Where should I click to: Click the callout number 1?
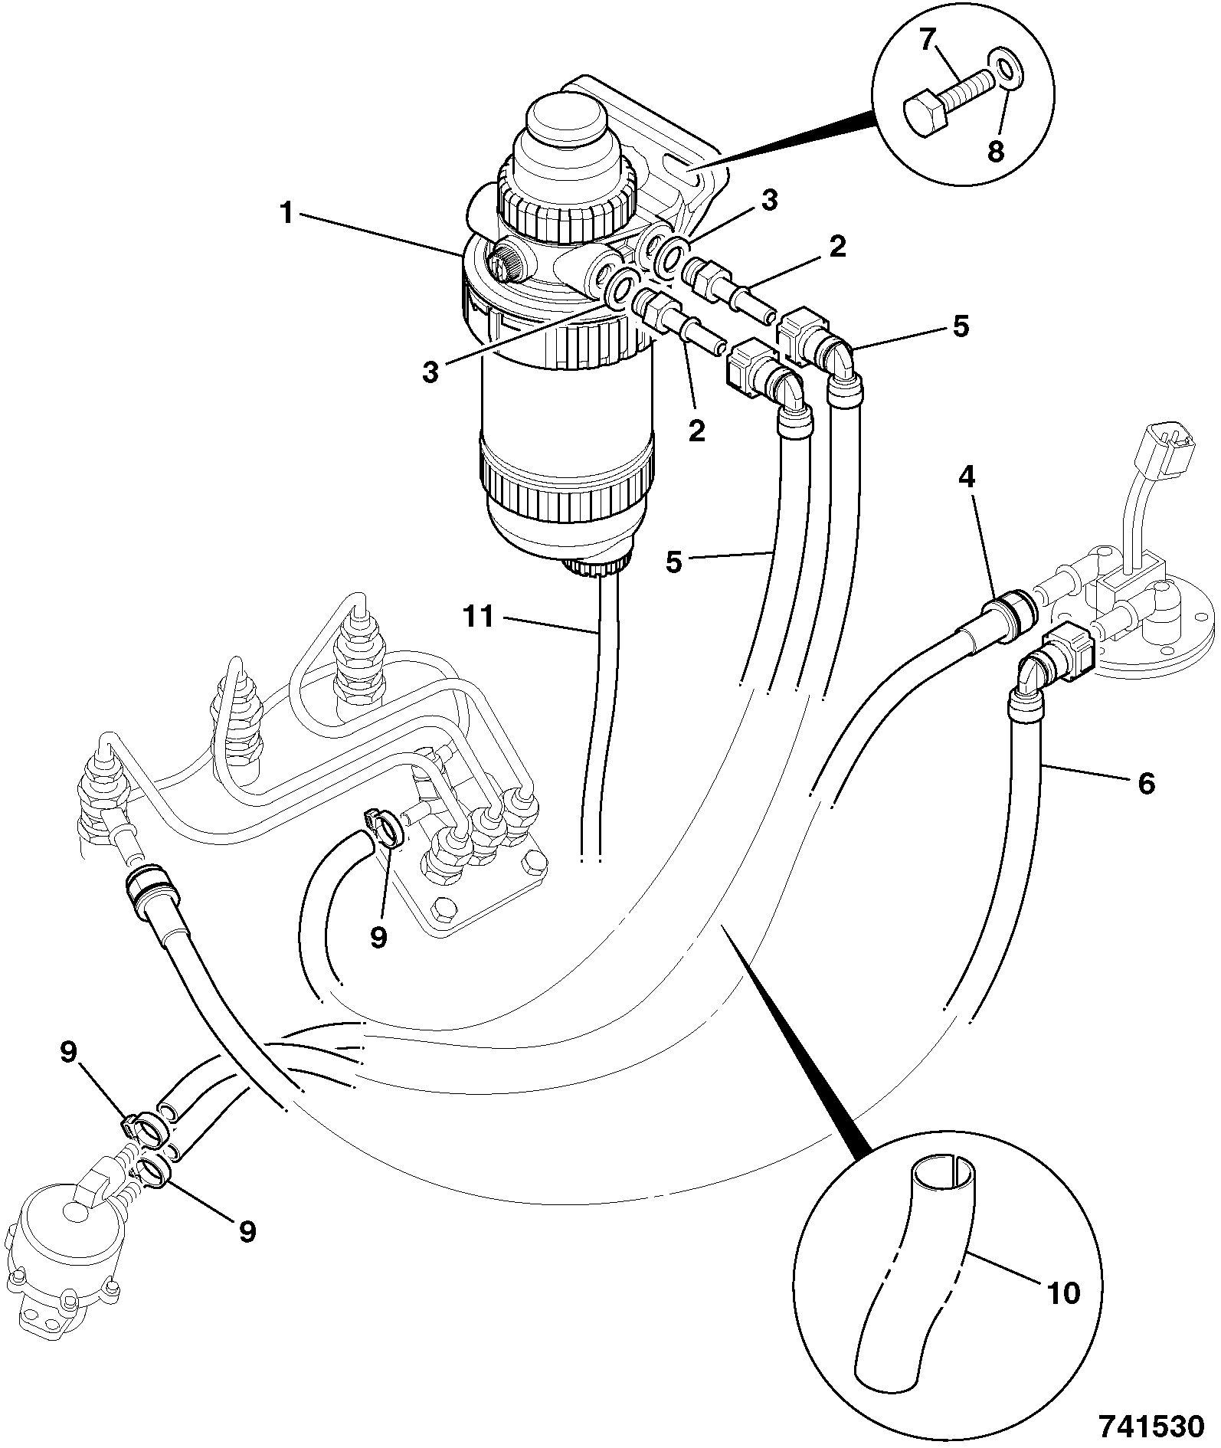(x=286, y=214)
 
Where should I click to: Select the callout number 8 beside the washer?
(x=995, y=151)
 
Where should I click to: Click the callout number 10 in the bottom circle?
(x=1062, y=1293)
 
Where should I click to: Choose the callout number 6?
(x=1146, y=784)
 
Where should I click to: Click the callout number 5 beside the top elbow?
(x=961, y=326)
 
